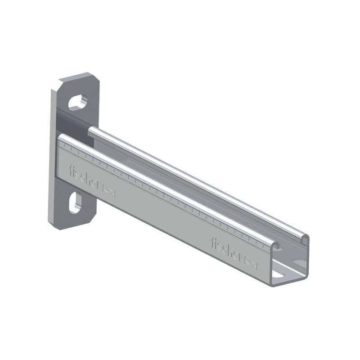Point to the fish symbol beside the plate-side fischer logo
[x=109, y=192]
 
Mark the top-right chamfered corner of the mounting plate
[x=95, y=76]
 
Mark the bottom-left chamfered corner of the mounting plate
[x=54, y=225]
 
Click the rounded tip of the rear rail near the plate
[x=90, y=131]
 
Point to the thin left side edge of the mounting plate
[x=50, y=157]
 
